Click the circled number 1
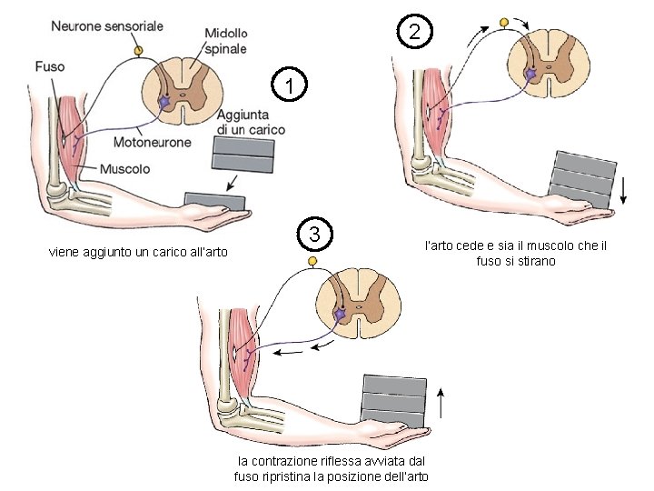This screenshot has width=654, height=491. pyautogui.click(x=289, y=86)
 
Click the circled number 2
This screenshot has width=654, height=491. pyautogui.click(x=414, y=33)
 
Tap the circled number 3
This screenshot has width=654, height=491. pyautogui.click(x=313, y=235)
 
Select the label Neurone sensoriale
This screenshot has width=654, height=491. pyautogui.click(x=107, y=26)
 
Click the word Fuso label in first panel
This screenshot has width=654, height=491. pyautogui.click(x=50, y=65)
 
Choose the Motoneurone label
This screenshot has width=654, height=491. pyautogui.click(x=153, y=142)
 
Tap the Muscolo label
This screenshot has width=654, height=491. pyautogui.click(x=125, y=169)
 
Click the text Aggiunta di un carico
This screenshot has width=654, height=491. pyautogui.click(x=251, y=123)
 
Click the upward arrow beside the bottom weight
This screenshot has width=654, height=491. pyautogui.click(x=441, y=401)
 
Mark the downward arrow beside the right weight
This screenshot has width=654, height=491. pyautogui.click(x=625, y=189)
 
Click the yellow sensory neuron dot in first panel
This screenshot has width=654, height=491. pyautogui.click(x=137, y=50)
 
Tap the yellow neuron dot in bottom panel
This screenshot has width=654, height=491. pyautogui.click(x=313, y=262)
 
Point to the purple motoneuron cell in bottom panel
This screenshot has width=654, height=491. pyautogui.click(x=341, y=315)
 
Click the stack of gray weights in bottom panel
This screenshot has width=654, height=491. pyautogui.click(x=393, y=400)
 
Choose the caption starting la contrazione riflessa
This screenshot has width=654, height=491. pyautogui.click(x=331, y=469)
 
